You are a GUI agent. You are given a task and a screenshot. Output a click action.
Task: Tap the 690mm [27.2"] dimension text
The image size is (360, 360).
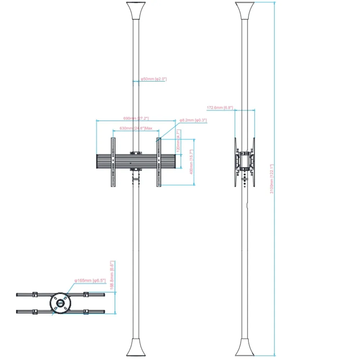(136, 118)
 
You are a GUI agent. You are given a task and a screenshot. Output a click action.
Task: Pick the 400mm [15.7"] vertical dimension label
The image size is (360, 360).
(192, 162)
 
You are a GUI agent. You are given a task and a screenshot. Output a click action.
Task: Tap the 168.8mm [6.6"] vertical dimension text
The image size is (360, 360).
(112, 275)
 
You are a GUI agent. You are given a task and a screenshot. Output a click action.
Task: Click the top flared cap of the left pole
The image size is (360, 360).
(136, 11)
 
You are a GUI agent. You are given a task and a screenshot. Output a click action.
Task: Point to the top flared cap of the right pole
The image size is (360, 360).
(245, 11)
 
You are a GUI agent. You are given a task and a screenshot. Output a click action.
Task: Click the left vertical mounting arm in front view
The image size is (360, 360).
(113, 162)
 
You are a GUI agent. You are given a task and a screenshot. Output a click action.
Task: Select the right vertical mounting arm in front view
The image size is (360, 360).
(159, 162)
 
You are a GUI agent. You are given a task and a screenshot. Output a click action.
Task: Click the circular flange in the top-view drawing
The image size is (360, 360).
(60, 303)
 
